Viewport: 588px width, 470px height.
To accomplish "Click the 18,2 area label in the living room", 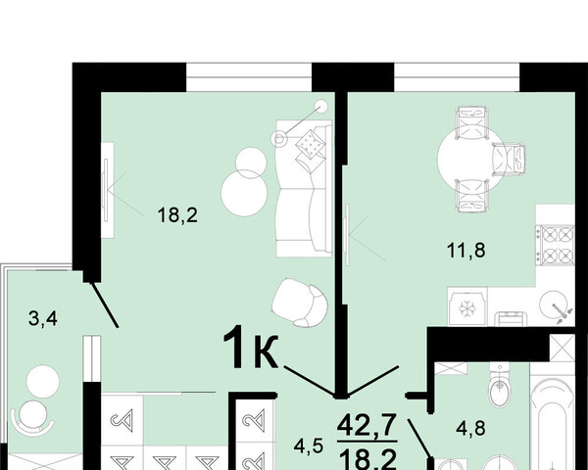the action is [177, 215].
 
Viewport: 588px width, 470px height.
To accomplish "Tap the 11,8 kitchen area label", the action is [466, 250].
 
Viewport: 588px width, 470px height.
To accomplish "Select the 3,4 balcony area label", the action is [43, 319].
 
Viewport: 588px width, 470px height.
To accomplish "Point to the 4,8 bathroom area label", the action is [470, 428].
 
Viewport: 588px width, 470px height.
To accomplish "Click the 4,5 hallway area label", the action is [309, 446].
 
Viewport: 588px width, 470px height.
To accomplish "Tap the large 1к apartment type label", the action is [251, 348].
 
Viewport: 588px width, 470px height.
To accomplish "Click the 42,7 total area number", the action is [367, 425].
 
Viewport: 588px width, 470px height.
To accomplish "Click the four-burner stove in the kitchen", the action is [557, 245].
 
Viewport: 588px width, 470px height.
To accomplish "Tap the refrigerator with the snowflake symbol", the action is [467, 306].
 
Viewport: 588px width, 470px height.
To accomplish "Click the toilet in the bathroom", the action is [500, 385].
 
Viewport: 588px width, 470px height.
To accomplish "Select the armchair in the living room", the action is [300, 303].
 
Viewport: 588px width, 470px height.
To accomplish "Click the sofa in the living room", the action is [304, 188].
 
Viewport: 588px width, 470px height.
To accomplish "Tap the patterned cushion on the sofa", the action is [310, 144].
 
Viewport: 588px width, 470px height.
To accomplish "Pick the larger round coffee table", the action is [244, 194].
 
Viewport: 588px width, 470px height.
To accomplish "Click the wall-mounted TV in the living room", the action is [106, 190].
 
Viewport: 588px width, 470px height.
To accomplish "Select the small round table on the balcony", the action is [43, 382].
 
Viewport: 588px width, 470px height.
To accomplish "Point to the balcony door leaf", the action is [105, 305].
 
